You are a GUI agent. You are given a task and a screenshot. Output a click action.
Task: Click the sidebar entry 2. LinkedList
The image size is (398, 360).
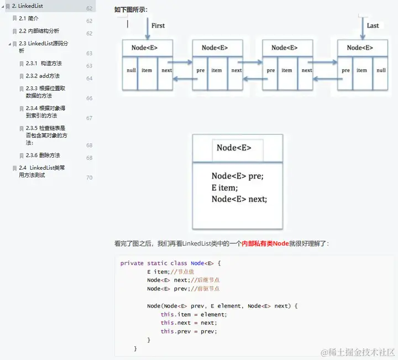coord(28,6)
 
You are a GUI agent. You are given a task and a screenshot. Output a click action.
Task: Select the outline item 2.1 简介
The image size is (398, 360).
coord(29,19)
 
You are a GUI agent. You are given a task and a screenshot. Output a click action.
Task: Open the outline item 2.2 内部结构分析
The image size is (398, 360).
coord(39,31)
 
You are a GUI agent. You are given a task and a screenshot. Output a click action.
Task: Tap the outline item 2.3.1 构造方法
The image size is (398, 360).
coord(44,64)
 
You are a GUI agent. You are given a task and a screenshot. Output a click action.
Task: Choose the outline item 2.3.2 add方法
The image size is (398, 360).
coord(43,76)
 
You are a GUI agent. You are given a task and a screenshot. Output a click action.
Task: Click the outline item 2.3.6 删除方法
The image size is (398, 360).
coord(43,155)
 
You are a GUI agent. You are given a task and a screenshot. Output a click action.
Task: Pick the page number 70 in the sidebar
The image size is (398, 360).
coord(89,178)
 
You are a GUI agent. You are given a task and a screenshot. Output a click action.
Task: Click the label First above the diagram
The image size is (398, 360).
coord(158,25)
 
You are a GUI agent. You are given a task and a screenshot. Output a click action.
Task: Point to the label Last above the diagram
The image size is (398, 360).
coord(373,25)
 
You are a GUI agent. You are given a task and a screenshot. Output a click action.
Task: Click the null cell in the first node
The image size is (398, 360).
coord(131,70)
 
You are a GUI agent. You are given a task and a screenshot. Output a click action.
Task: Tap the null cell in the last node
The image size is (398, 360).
coord(381,70)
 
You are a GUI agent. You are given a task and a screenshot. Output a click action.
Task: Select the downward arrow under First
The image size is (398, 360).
coord(148,28)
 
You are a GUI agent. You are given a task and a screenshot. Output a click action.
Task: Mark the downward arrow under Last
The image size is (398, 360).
coord(361,28)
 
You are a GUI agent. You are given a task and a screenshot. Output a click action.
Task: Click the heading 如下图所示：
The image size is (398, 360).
coord(131,9)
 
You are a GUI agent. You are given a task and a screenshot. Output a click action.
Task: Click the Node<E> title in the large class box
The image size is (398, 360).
coord(234,148)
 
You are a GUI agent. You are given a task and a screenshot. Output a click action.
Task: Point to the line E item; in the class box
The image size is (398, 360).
coord(224,187)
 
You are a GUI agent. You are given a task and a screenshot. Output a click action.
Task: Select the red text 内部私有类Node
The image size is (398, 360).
coord(265,243)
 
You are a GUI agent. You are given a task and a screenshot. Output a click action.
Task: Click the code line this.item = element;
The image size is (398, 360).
coord(194,314)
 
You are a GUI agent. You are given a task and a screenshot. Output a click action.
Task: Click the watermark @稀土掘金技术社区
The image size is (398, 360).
coord(358,352)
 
